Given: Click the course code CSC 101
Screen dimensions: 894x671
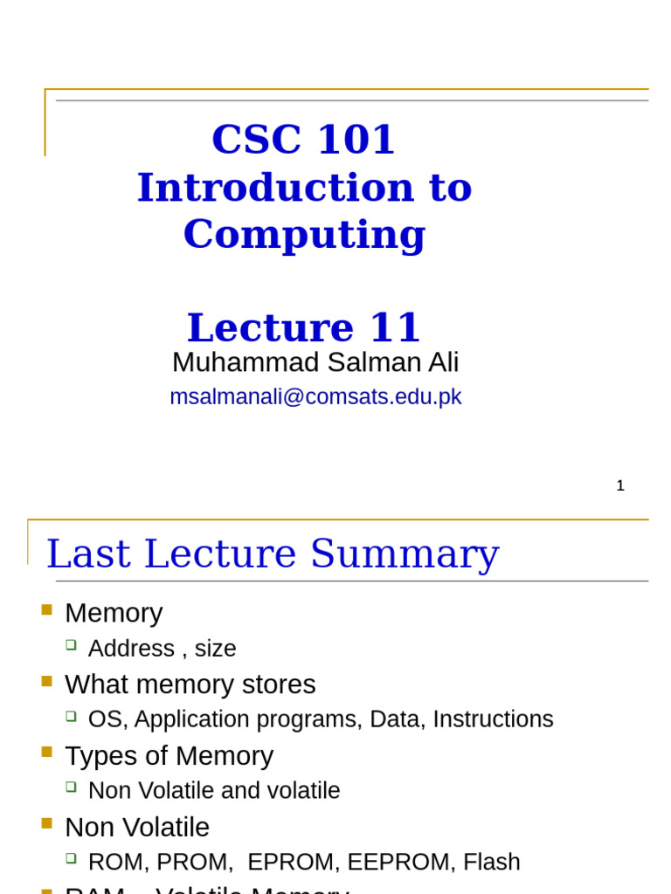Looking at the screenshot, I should [x=303, y=140].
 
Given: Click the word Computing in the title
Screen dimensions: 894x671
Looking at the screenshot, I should [x=304, y=235].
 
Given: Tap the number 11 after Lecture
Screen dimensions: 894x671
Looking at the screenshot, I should [x=395, y=328].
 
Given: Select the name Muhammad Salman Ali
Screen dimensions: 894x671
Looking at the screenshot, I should [x=315, y=362].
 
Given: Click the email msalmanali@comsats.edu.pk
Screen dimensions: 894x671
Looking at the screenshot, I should [x=315, y=396].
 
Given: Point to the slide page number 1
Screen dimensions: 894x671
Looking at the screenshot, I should [x=620, y=485].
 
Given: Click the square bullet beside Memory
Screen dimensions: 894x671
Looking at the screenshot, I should [x=47, y=609].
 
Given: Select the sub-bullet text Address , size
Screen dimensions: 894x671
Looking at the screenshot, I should [x=162, y=649].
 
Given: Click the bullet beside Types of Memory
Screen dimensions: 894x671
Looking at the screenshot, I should [x=47, y=752].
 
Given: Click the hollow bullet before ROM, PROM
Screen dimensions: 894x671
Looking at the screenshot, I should [x=72, y=858].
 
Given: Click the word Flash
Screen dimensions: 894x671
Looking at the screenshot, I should [x=492, y=863].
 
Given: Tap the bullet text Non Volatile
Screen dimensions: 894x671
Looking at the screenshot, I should [x=137, y=827].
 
